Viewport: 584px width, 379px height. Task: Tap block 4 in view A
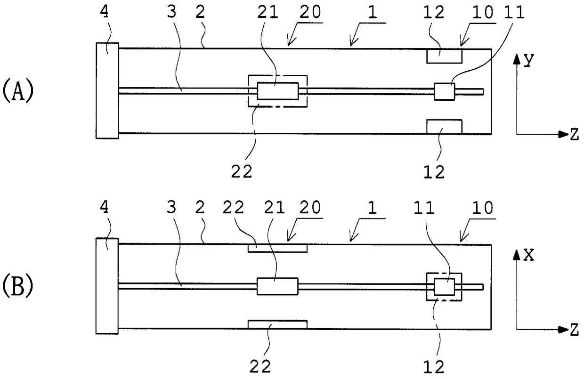click(x=107, y=90)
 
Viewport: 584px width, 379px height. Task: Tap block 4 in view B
click(x=107, y=286)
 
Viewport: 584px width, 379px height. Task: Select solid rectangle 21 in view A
click(x=278, y=91)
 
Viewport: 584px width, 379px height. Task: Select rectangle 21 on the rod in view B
click(x=277, y=286)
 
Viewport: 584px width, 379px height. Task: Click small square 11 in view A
click(x=444, y=91)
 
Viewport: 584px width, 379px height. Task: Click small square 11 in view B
click(x=444, y=287)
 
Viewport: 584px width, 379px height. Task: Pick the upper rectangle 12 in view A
click(x=444, y=56)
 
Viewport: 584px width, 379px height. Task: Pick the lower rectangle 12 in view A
click(x=444, y=127)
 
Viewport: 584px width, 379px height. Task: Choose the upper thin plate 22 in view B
click(x=277, y=248)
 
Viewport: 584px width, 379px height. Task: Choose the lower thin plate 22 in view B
click(x=277, y=324)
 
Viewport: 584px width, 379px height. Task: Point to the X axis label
click(x=529, y=255)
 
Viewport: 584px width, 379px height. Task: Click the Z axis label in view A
click(x=574, y=135)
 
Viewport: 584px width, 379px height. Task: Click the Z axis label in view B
click(x=574, y=331)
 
